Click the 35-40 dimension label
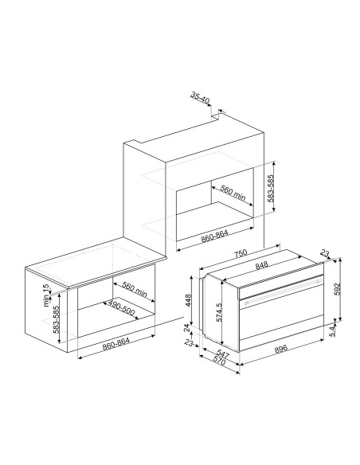[x=200, y=98]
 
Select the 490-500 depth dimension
[x=121, y=307]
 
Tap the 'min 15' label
[x=46, y=295]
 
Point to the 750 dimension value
[x=241, y=253]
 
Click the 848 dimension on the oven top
[x=261, y=265]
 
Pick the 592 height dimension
[x=338, y=289]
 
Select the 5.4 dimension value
[x=333, y=330]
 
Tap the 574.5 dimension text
[x=219, y=312]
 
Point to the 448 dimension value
[x=188, y=300]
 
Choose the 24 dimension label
[x=187, y=328]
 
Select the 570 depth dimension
[x=219, y=361]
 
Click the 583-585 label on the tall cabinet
[x=271, y=188]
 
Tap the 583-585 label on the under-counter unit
[x=57, y=319]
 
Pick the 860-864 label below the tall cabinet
[x=215, y=236]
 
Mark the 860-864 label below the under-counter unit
[x=116, y=344]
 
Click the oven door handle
[x=284, y=291]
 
